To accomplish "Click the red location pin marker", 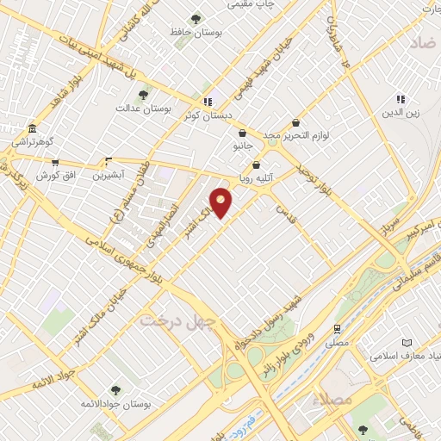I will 221,202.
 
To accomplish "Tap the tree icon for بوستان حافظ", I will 196,18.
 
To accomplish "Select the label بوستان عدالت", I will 146,109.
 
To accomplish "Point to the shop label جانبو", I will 244,146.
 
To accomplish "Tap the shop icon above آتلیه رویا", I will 256,165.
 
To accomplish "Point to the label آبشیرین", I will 109,174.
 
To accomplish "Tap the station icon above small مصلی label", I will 337,328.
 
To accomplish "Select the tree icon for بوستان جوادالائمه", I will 115,390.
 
